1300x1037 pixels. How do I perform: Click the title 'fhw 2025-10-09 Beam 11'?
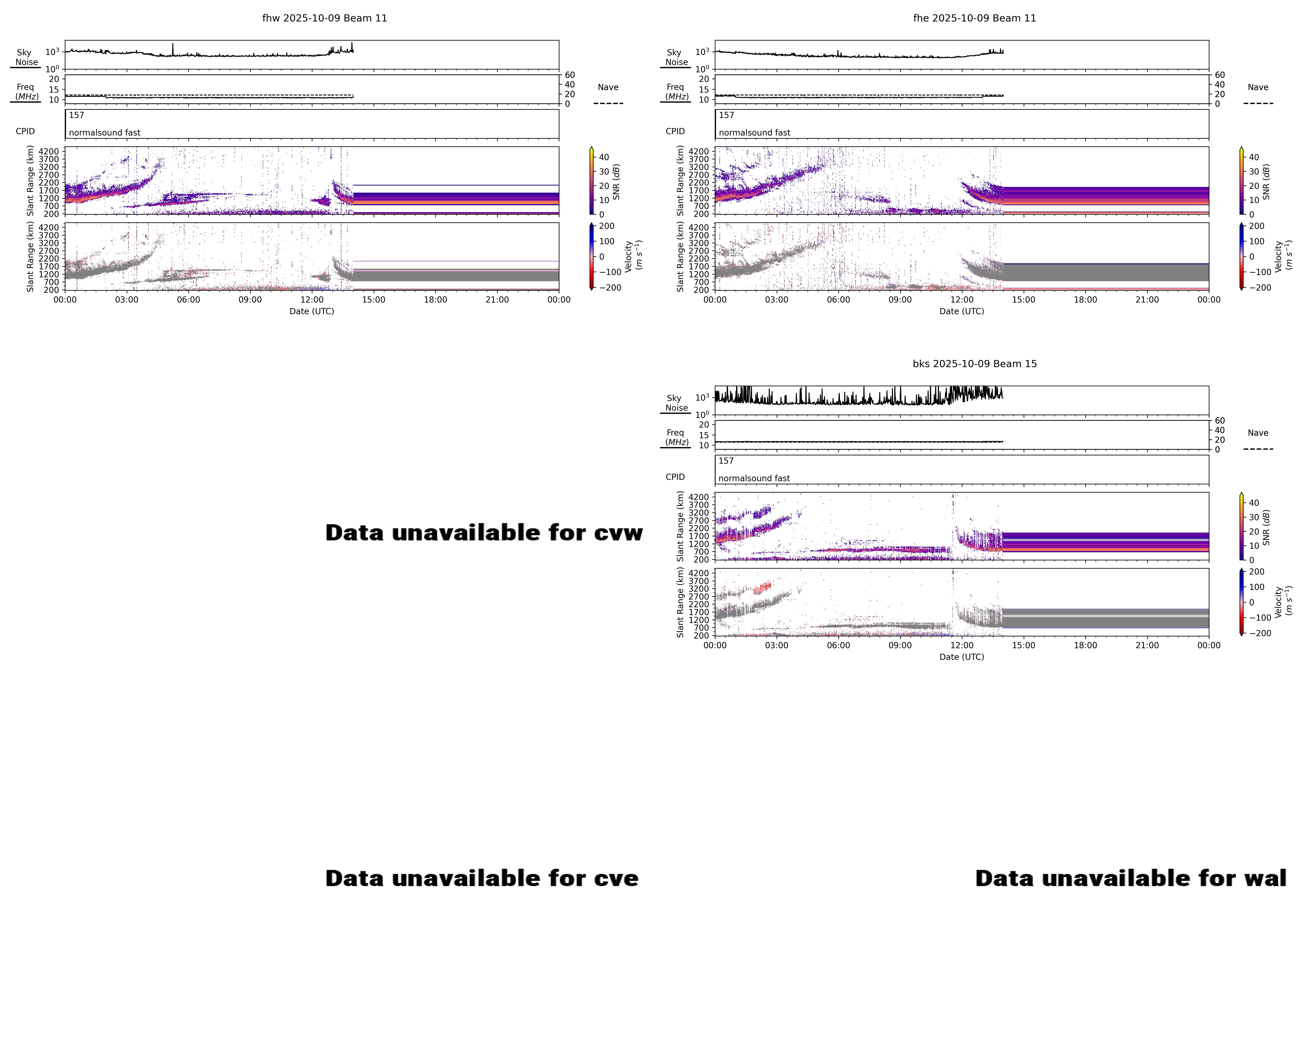click(324, 18)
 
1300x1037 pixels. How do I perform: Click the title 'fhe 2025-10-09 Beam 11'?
click(974, 18)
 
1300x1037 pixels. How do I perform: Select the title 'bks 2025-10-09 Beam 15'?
click(974, 364)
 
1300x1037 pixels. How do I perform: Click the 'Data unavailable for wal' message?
click(1131, 878)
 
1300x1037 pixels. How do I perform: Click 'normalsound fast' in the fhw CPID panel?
click(104, 133)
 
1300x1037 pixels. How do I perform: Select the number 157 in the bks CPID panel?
click(726, 461)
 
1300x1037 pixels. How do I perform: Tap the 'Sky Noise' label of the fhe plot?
click(676, 57)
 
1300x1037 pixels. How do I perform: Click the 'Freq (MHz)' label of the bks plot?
click(676, 437)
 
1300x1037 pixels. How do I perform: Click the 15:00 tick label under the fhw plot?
click(373, 300)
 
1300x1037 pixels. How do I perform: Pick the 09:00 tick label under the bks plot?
click(900, 645)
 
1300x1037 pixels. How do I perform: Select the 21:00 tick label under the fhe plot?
click(1147, 300)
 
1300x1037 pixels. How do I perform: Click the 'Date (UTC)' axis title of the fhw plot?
click(312, 311)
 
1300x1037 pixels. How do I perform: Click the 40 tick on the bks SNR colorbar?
click(1254, 503)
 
